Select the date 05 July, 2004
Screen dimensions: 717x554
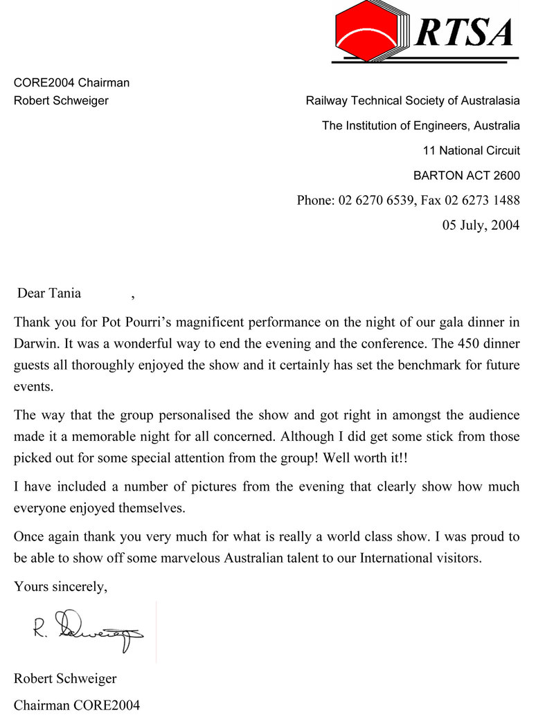(x=481, y=225)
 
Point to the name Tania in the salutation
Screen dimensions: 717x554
(x=64, y=293)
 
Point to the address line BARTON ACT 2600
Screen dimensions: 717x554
(x=466, y=175)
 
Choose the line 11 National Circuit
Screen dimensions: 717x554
(x=471, y=150)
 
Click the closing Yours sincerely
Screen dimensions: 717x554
(x=61, y=587)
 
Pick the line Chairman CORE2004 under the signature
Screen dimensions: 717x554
(x=77, y=705)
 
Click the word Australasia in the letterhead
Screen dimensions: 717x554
(x=490, y=101)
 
